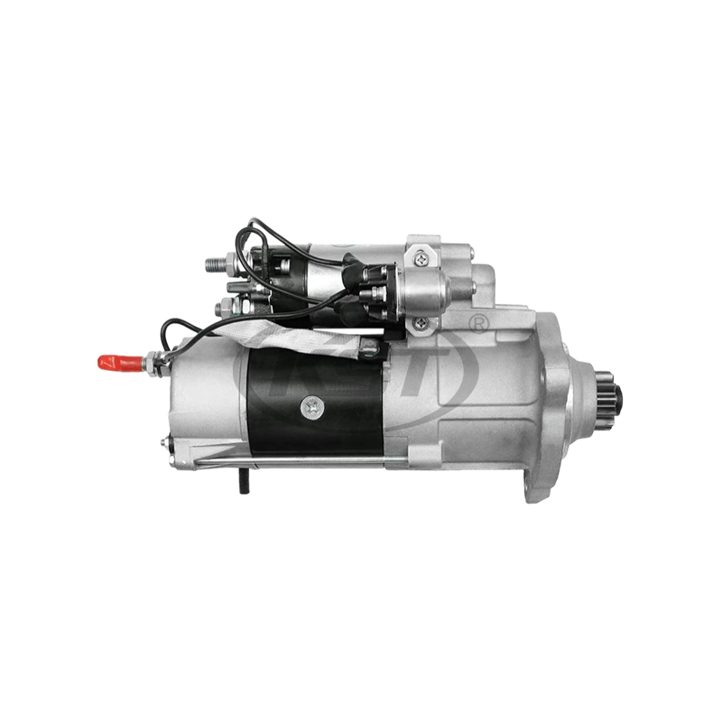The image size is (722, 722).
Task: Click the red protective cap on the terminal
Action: [114, 364]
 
